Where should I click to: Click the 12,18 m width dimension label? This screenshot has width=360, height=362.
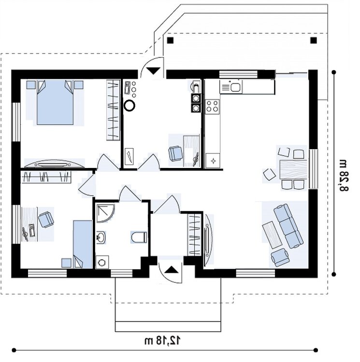[163, 340]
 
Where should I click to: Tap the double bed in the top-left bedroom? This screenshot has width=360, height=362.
[55, 102]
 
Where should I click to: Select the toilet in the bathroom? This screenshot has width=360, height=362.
[139, 237]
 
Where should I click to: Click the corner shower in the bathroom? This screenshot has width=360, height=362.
[105, 213]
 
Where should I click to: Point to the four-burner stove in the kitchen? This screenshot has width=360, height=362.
[212, 106]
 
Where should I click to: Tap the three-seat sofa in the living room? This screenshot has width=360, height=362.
[288, 226]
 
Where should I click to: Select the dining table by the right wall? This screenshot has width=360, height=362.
[293, 170]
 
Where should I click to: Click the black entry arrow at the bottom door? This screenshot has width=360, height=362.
[171, 270]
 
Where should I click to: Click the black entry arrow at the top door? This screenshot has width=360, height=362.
[153, 70]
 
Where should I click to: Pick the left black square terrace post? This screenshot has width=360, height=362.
[170, 41]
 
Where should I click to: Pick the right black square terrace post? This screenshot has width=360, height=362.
[314, 41]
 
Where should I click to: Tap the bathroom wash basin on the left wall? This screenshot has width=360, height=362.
[101, 237]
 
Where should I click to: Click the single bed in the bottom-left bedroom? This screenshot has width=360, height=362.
[83, 244]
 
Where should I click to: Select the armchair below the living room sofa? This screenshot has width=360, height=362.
[280, 257]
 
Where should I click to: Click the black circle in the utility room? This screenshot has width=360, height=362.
[130, 106]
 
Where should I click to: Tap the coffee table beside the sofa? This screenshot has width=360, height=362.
[273, 235]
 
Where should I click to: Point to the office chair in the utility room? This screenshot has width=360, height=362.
[175, 153]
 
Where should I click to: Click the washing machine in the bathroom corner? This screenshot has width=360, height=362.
[102, 262]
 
